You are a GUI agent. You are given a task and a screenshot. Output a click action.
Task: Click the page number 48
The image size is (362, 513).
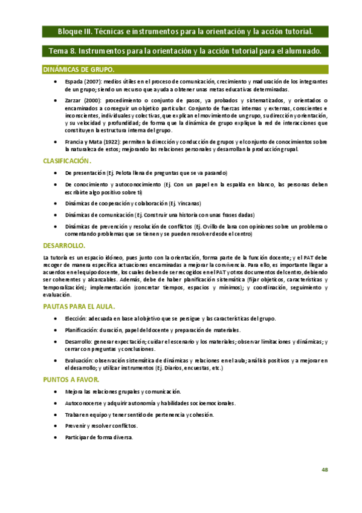point(325,470)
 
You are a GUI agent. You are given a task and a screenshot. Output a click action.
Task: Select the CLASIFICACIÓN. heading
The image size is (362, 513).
point(66,161)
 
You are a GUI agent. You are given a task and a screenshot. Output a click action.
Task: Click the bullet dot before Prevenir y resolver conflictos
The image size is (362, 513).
point(56,426)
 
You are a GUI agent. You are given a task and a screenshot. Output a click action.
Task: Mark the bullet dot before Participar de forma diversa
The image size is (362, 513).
point(56,437)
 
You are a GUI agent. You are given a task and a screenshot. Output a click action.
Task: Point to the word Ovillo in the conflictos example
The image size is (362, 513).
point(220,226)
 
